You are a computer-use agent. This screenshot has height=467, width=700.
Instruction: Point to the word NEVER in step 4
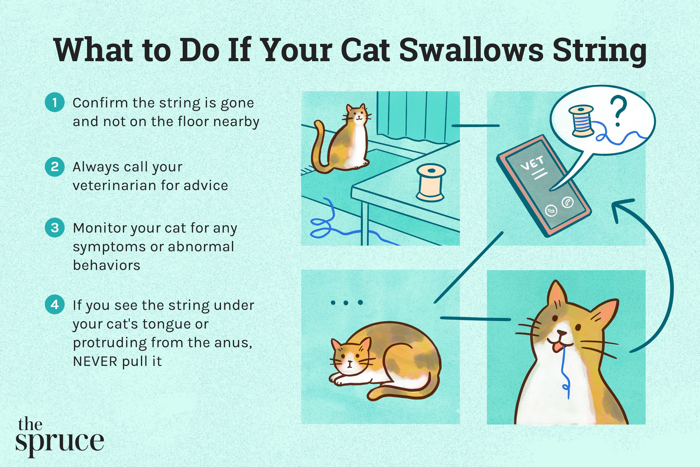95,361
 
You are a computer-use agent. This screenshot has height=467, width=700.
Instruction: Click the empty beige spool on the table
430,183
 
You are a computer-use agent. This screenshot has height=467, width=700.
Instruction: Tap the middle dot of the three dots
346,303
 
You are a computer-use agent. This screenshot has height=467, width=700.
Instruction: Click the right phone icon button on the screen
567,202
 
